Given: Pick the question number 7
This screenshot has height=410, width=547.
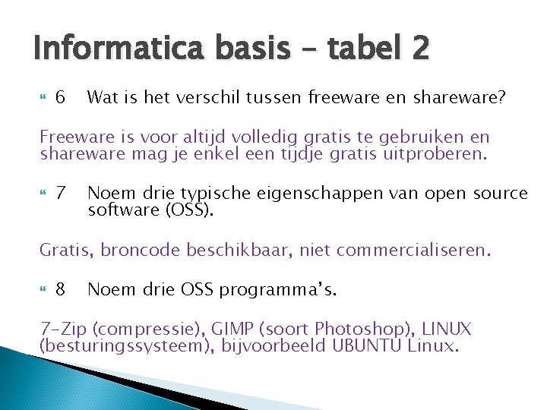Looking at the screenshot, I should click(62, 194).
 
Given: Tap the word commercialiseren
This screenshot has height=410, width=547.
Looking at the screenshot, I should click(410, 250).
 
